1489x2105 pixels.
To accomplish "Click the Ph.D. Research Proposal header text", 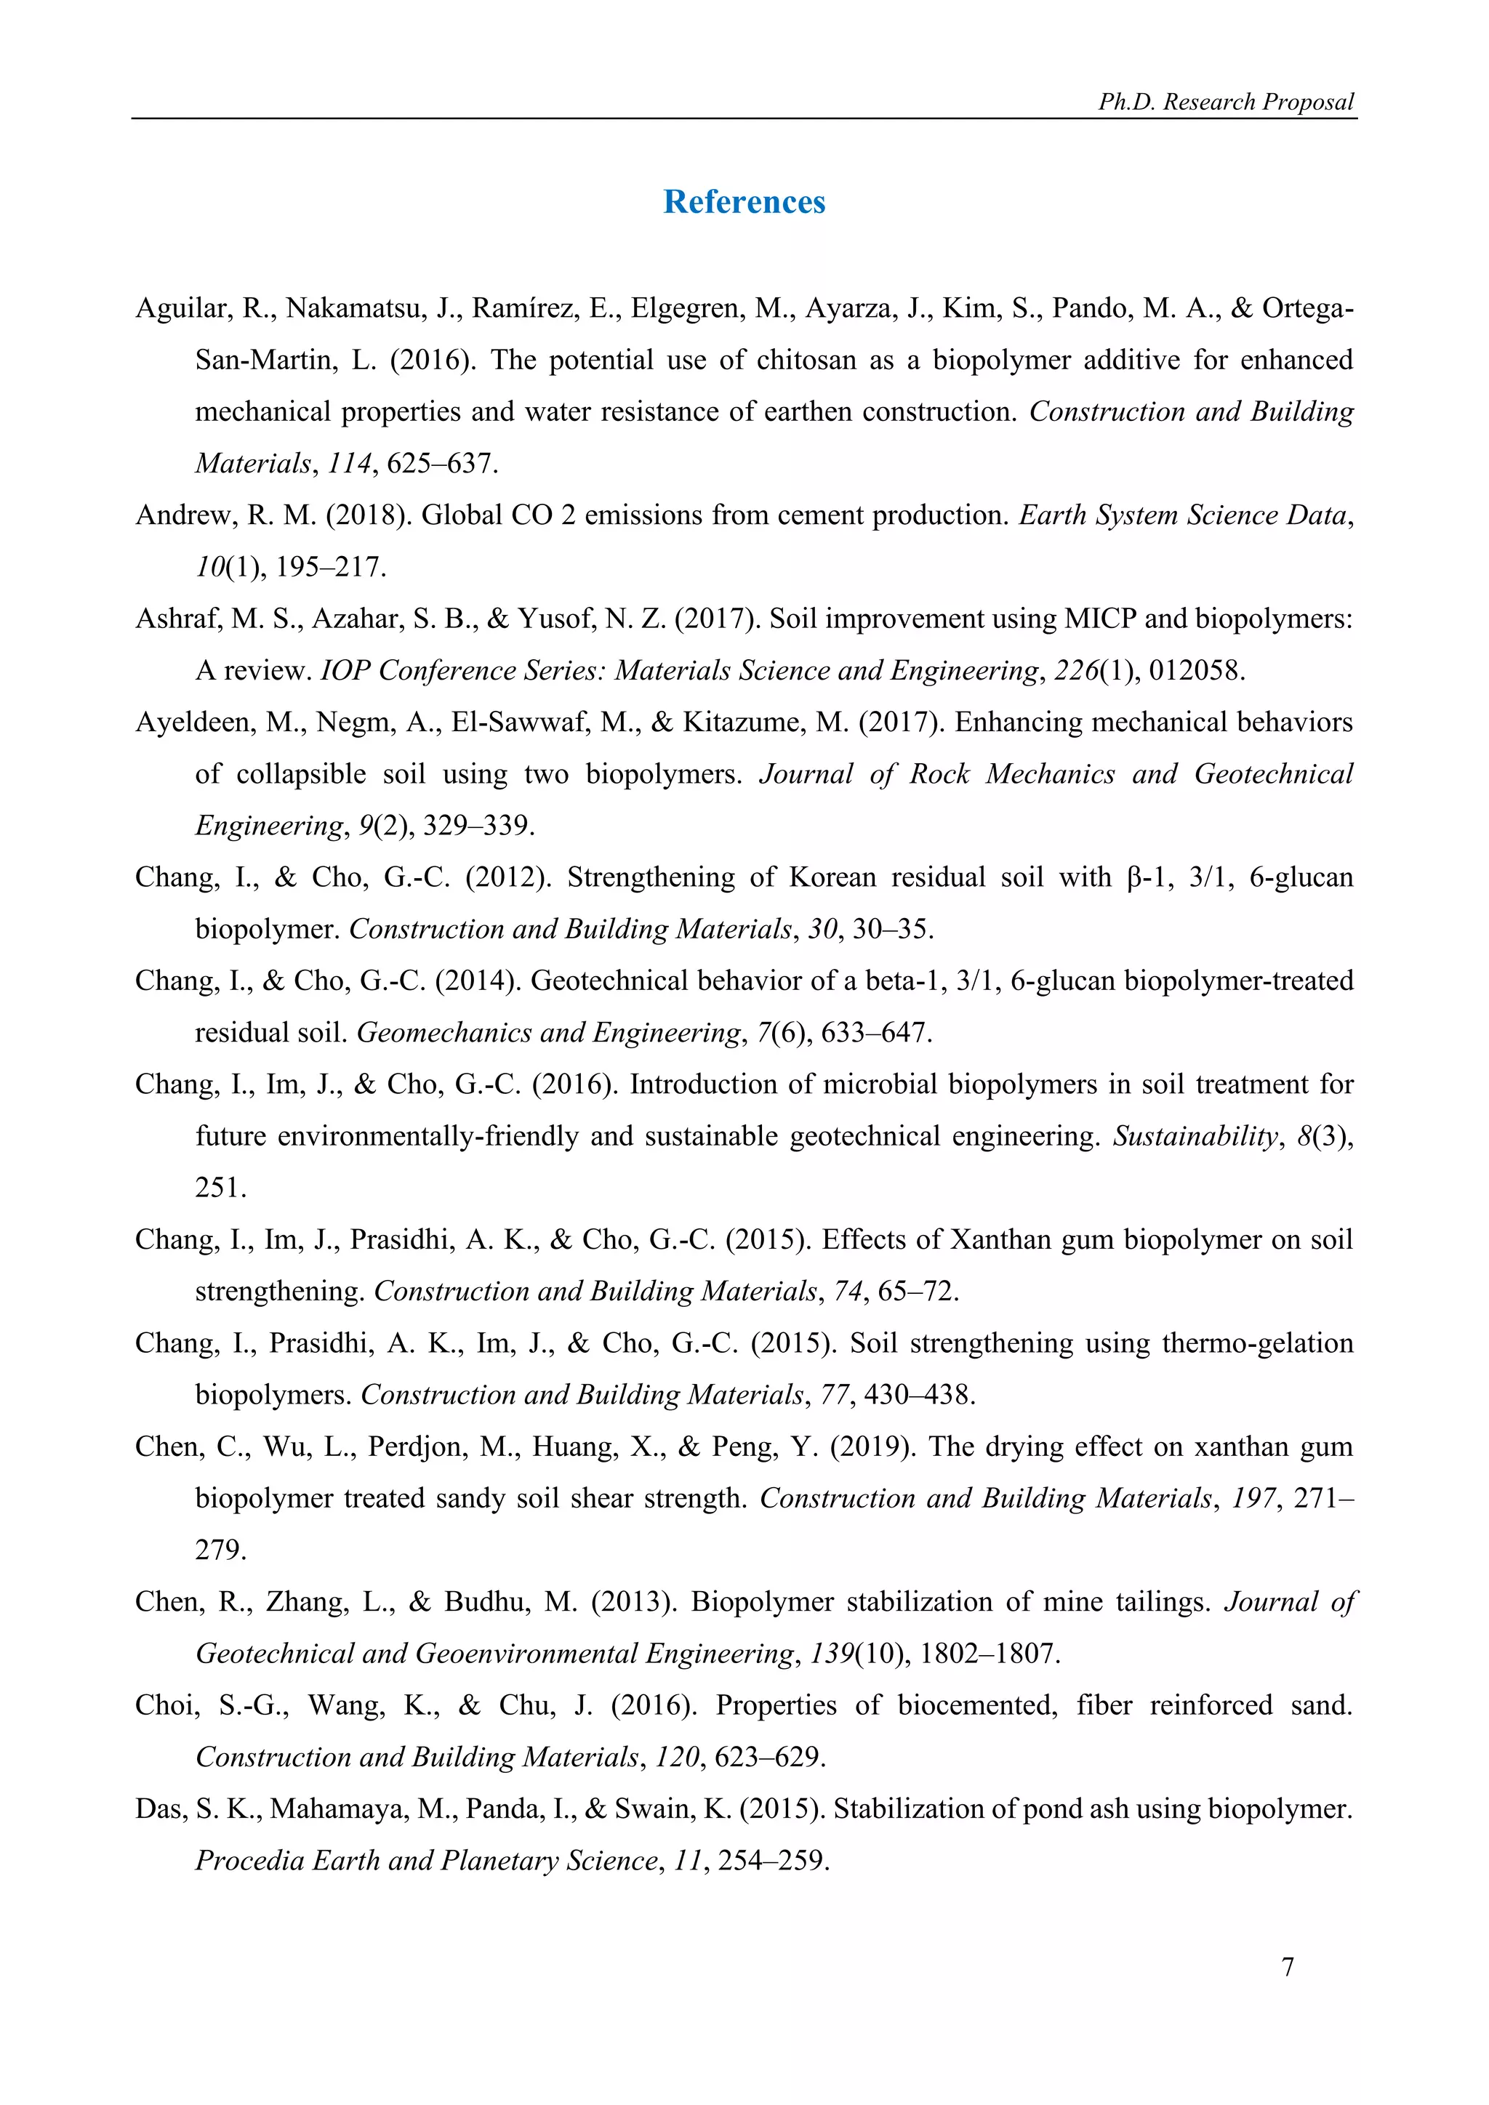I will point(1226,102).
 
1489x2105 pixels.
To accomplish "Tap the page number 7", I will point(1288,1967).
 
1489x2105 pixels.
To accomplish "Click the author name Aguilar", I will point(180,308).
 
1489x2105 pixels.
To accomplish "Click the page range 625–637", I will point(441,463).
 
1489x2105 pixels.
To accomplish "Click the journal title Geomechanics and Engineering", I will point(548,1034).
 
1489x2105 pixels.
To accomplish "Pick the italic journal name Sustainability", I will point(1194,1137).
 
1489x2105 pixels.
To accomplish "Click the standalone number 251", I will point(220,1188).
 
